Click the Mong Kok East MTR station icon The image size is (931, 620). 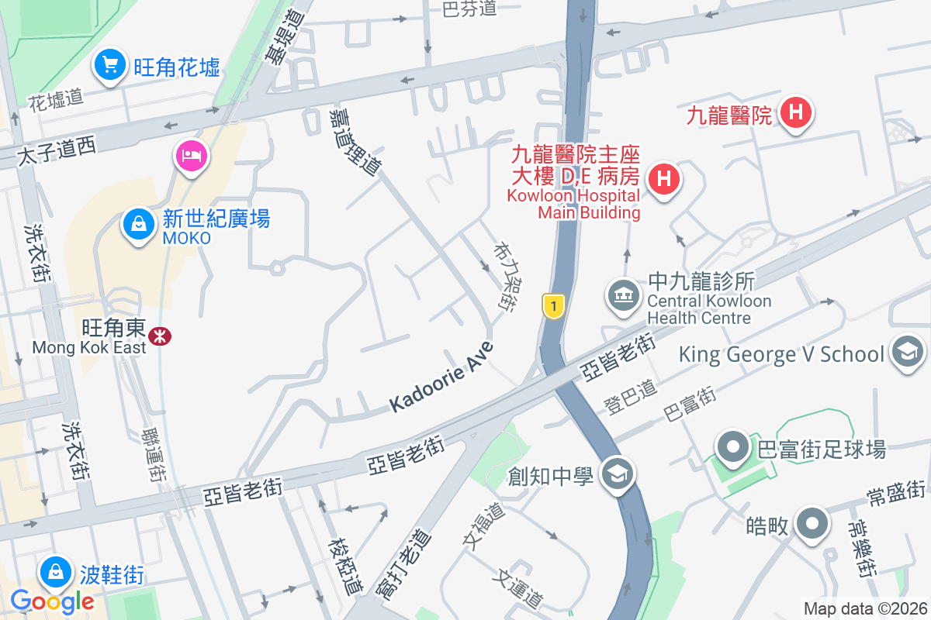pos(161,336)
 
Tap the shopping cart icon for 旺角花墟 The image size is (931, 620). pos(110,64)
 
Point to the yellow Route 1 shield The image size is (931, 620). pos(552,306)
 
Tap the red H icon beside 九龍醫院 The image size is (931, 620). pos(795,113)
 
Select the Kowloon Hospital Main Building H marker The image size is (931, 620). pos(663,179)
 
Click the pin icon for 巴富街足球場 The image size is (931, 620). pos(733,447)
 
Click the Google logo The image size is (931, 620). pos(52,601)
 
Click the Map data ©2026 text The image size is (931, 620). pos(864,608)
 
